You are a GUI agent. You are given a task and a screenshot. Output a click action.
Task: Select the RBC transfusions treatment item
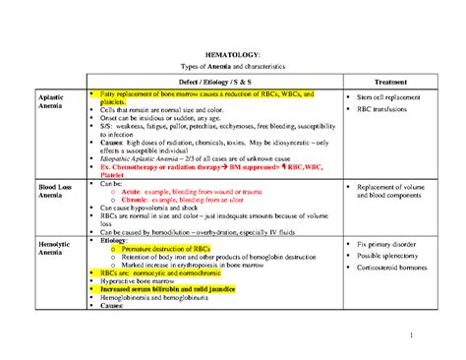394,111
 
